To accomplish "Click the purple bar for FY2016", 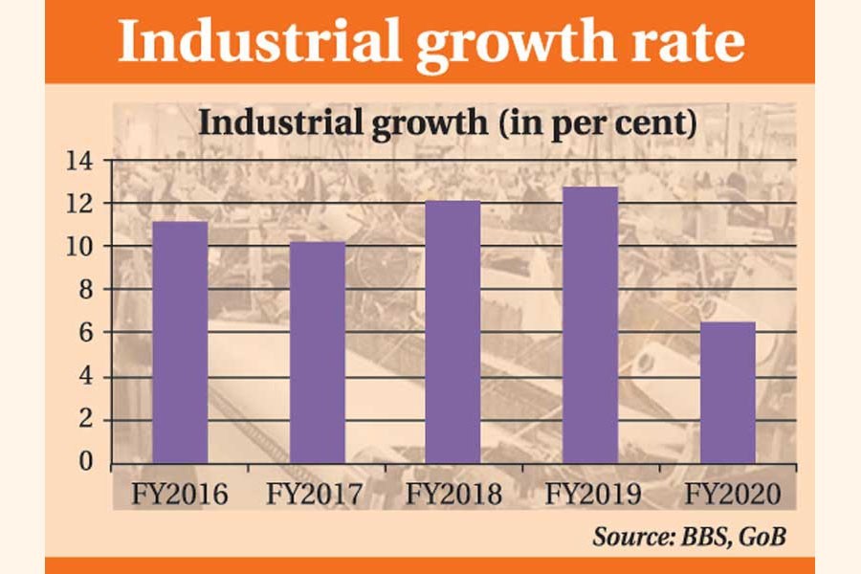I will point(181,342).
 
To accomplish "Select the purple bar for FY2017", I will point(318,353).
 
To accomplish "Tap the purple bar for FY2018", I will point(453,332).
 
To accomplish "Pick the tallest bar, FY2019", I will point(590,325).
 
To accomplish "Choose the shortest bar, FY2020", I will point(727,392).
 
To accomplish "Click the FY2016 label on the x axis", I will point(181,496).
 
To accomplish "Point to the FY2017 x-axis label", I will point(318,496).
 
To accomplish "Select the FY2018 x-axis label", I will point(453,496).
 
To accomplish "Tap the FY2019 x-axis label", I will point(590,496).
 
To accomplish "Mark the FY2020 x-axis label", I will point(727,496).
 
